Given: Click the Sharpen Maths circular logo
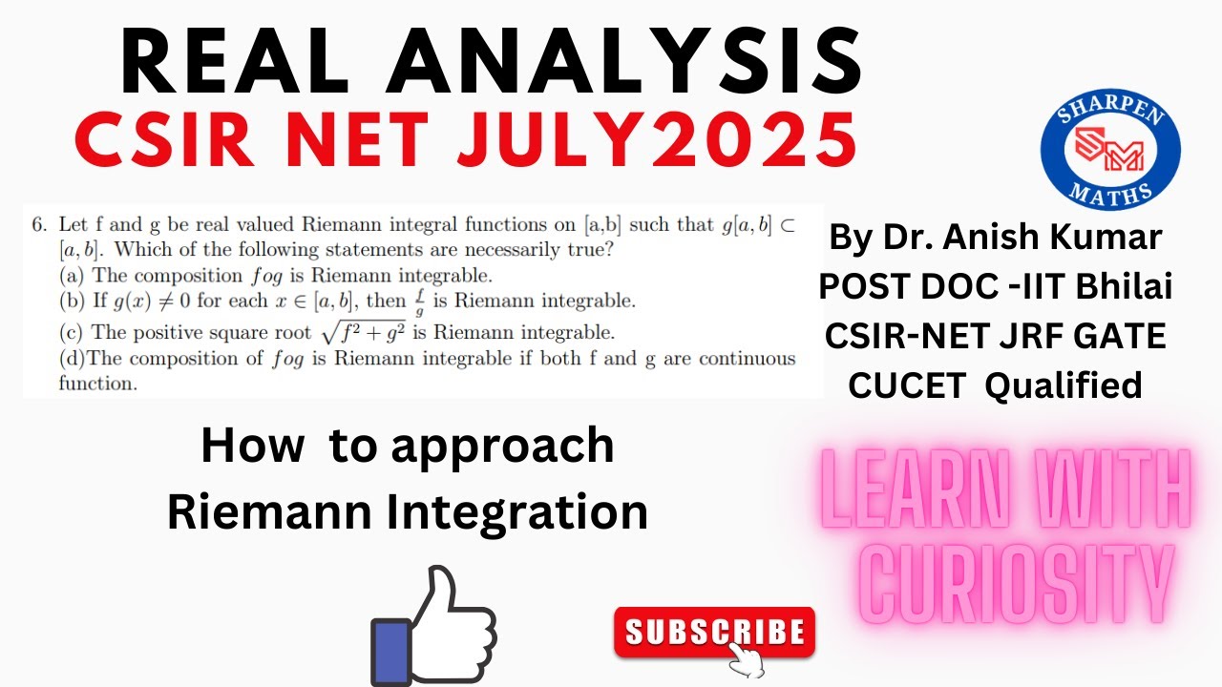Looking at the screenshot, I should click(1110, 150).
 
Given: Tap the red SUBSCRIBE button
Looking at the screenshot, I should click(714, 632).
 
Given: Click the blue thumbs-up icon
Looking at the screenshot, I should click(434, 626).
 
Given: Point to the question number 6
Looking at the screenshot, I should click(38, 226).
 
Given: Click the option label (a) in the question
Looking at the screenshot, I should click(71, 277).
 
